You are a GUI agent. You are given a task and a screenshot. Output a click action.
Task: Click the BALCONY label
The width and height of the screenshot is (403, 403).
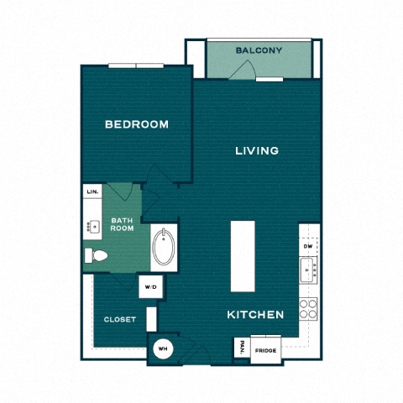[x=259, y=50]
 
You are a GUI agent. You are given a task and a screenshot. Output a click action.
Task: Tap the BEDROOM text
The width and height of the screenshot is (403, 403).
[x=136, y=124]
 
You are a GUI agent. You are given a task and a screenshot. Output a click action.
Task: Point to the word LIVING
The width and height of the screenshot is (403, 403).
[x=256, y=151]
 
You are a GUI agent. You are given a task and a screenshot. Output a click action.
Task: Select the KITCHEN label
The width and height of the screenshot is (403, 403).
[x=255, y=315]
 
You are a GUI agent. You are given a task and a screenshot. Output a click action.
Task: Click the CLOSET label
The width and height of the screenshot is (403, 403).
[x=120, y=319]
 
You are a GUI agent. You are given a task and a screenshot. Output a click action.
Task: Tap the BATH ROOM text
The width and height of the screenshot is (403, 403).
[x=122, y=225]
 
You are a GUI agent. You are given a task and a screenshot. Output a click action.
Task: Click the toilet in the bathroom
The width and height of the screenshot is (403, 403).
[x=95, y=255]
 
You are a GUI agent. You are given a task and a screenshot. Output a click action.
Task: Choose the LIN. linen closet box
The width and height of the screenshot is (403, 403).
[x=92, y=192]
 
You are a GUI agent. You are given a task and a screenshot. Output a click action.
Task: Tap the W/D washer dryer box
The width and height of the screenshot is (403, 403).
[x=150, y=286]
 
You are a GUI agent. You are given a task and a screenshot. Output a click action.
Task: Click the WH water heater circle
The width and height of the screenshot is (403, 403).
[x=162, y=347]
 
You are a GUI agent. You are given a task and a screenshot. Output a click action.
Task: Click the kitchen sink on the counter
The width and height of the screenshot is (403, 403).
[x=309, y=270]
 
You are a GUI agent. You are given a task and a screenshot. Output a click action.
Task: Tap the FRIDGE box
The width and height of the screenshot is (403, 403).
[x=266, y=350]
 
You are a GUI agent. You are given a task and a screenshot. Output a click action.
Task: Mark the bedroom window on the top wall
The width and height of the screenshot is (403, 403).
[x=137, y=65]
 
